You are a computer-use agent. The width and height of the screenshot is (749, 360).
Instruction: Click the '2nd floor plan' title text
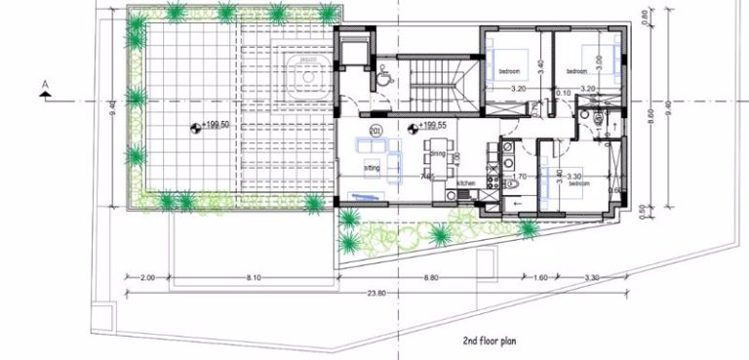[495, 342]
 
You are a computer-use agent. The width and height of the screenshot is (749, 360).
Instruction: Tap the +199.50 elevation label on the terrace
[214, 125]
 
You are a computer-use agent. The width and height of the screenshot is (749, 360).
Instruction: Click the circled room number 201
[375, 130]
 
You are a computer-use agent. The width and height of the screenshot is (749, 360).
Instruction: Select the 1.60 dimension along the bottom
[542, 277]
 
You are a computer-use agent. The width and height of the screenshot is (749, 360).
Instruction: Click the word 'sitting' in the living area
[372, 168]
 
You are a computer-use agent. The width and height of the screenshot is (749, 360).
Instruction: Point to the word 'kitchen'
[466, 182]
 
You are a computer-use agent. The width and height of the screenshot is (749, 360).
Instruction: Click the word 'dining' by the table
[438, 153]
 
